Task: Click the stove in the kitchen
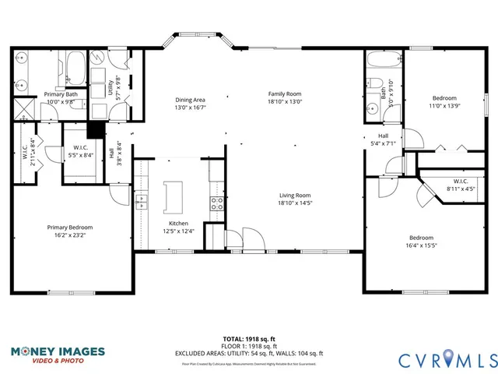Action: coord(217,204)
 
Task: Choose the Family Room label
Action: coord(284,93)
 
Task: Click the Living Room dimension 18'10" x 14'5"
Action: coord(296,203)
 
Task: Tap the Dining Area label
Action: coord(190,100)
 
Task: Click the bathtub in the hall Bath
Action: coord(384,60)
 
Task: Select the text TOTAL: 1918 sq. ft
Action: coord(248,340)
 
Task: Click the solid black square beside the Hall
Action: coord(96,129)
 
